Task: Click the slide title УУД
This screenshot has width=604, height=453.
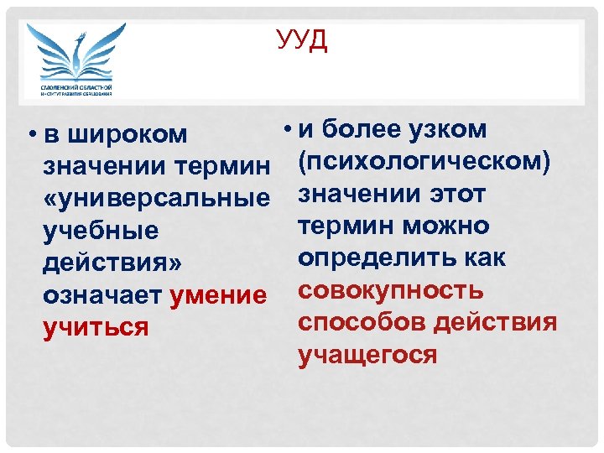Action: (x=302, y=40)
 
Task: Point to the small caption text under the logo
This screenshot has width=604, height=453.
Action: (x=76, y=91)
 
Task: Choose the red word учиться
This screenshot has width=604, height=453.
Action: (x=96, y=327)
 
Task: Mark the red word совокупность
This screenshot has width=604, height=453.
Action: (x=391, y=290)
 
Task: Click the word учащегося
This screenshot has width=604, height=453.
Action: (x=367, y=355)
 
